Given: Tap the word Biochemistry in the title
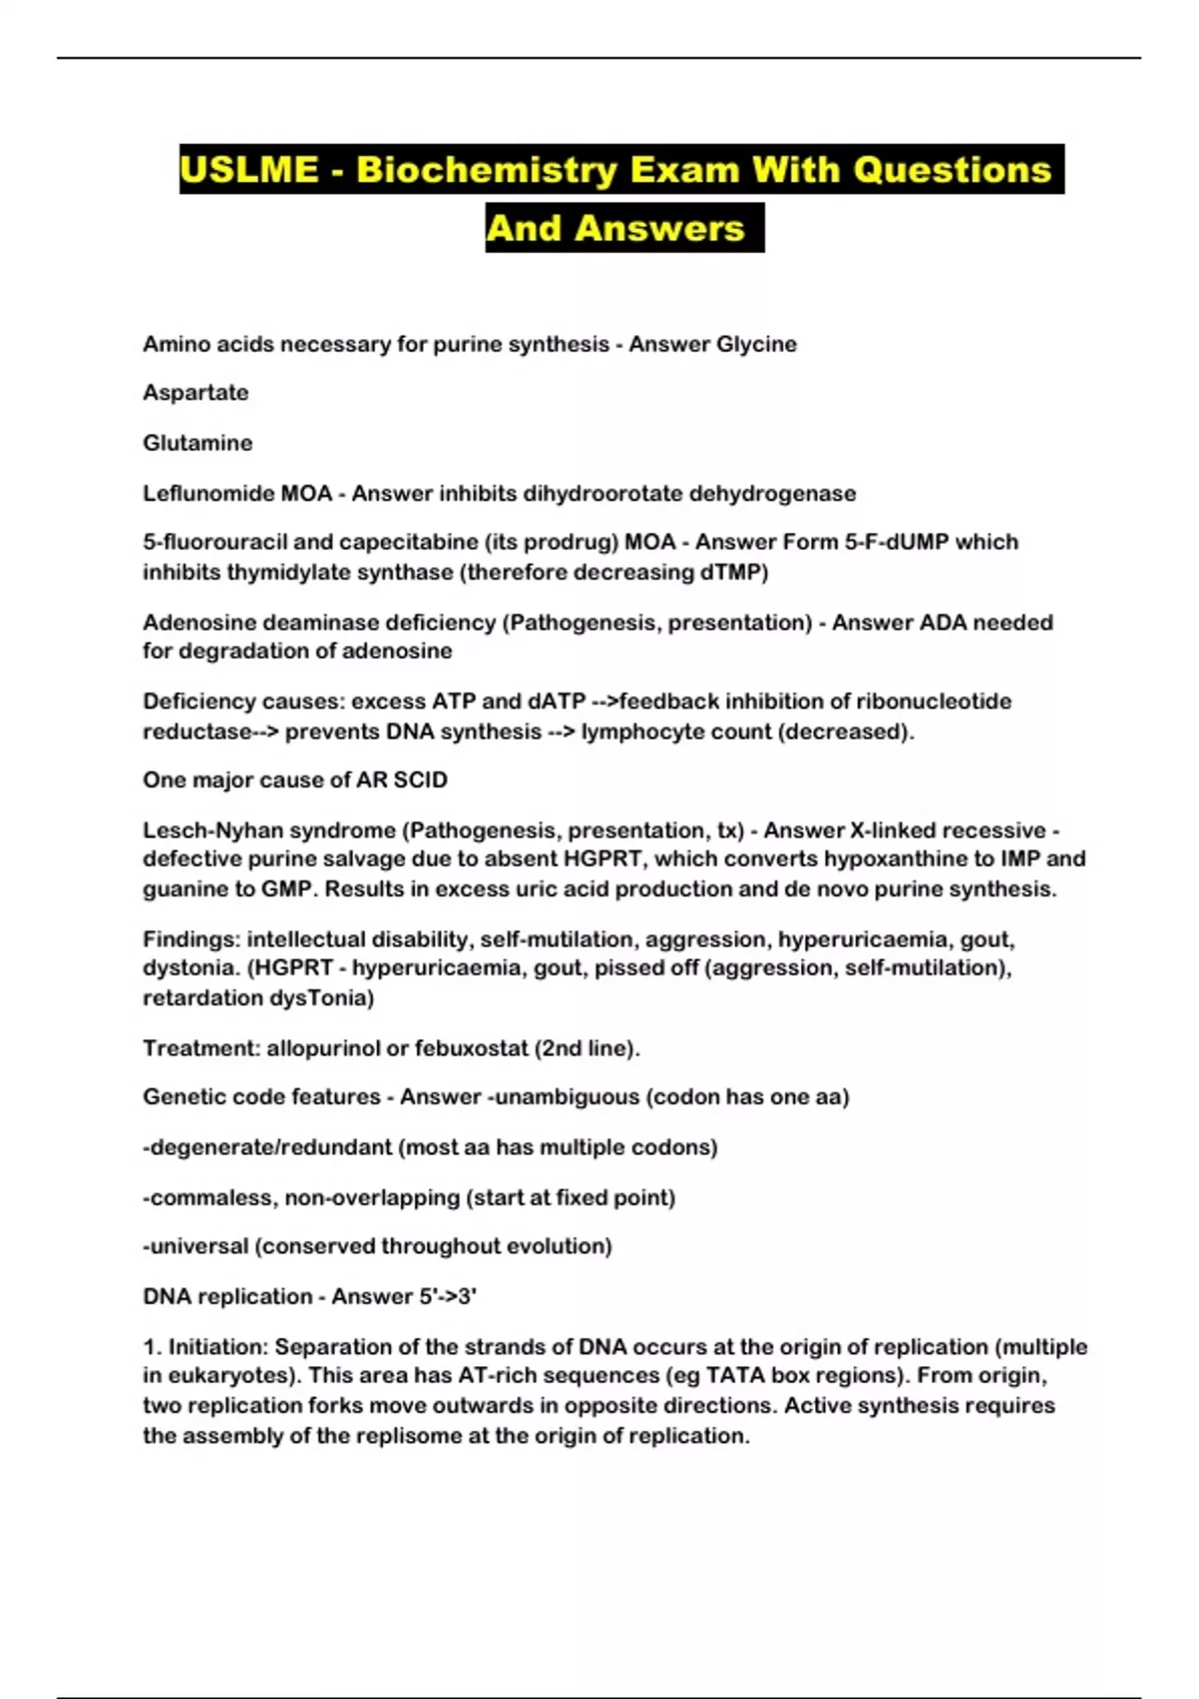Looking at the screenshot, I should (x=488, y=169).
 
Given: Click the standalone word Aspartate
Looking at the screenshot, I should (x=196, y=393).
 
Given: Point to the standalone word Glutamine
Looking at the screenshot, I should (x=198, y=443).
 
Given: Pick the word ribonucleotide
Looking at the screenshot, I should (x=933, y=702).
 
